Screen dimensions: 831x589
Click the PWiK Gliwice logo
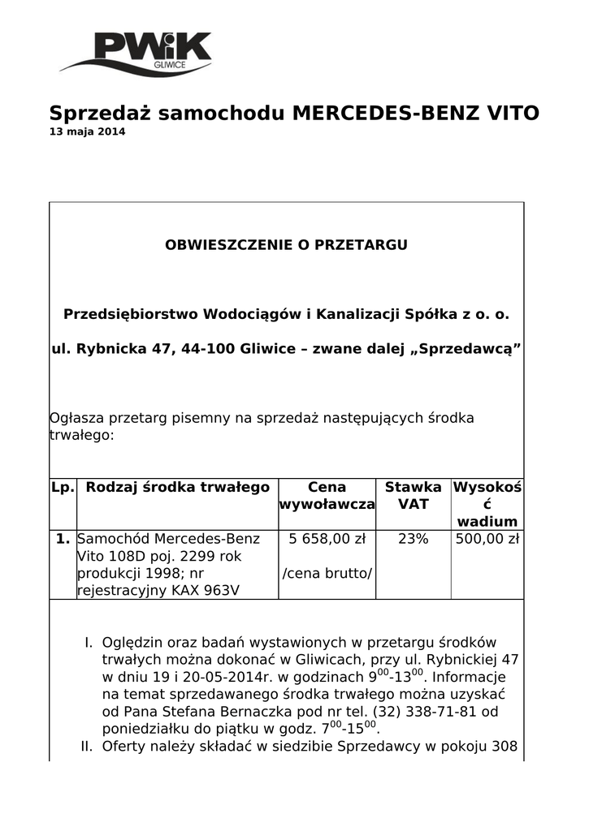tap(136, 52)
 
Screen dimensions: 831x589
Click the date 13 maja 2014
tap(88, 132)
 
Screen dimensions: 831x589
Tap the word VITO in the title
tap(512, 113)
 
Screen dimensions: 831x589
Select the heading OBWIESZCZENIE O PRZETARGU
tap(286, 244)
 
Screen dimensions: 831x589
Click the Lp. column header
tap(63, 487)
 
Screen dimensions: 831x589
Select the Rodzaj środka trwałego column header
tap(177, 487)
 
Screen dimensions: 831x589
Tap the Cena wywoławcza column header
tap(327, 496)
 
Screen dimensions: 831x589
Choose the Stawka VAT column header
tap(413, 496)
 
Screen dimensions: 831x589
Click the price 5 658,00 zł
tap(327, 539)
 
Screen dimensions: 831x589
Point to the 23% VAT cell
tap(413, 539)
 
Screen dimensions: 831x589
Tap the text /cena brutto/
tap(327, 574)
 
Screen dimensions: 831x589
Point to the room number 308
tap(503, 746)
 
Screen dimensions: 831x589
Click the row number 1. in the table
tap(63, 539)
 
